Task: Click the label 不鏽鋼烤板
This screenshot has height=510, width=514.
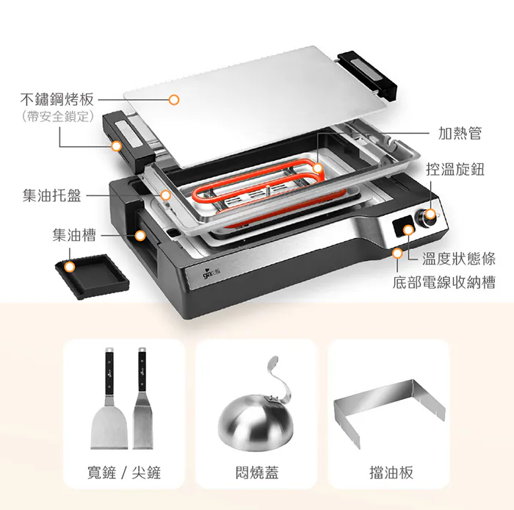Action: pos(57,99)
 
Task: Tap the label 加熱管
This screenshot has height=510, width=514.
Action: pos(460,133)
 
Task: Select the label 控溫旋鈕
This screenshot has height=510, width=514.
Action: pos(455,169)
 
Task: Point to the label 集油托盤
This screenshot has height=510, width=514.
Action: pos(52,195)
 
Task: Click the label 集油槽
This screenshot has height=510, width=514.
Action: pos(74,235)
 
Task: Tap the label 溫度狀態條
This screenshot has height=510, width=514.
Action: pos(459,259)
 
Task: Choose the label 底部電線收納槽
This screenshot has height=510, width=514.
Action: pos(444,282)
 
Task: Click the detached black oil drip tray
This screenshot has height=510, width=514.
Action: pos(92,276)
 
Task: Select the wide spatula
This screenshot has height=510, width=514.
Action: pos(109,398)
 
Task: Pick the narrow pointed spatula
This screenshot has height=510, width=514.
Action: pos(142,398)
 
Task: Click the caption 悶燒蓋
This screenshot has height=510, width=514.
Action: pos(257,473)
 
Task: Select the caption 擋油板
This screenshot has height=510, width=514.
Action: pos(391,473)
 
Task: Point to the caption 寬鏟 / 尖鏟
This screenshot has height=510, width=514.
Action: pos(124,473)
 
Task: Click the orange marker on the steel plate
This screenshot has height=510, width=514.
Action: pos(174,100)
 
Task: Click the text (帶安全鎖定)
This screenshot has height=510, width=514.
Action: pos(58,116)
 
